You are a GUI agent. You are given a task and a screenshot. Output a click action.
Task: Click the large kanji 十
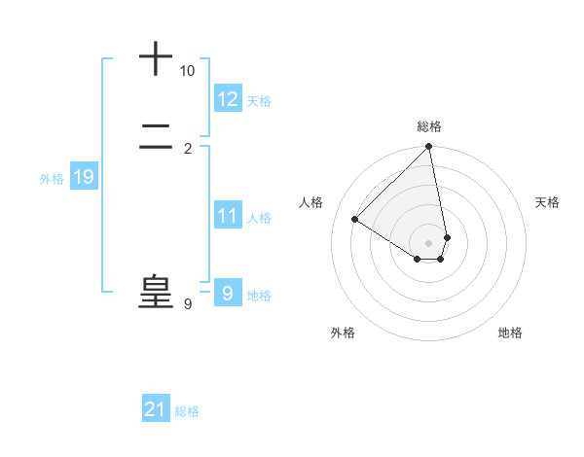coord(156,59)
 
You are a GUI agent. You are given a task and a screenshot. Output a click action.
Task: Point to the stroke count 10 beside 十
coord(187,71)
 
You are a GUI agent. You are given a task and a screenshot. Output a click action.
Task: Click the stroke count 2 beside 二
coord(188,148)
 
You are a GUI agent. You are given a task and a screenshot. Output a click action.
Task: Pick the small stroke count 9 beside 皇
coord(188,304)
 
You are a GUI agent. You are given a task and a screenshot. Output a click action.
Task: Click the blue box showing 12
coord(228,99)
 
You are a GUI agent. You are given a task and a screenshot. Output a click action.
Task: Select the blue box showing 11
coord(228,216)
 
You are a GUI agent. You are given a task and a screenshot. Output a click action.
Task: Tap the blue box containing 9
coord(228,294)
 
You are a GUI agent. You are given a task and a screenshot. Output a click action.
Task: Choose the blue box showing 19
coord(83,177)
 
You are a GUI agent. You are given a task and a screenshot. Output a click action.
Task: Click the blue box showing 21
coord(156,409)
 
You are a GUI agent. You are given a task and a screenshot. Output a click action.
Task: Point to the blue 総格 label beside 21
coord(187,411)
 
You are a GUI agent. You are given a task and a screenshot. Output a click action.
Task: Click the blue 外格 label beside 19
coord(52,179)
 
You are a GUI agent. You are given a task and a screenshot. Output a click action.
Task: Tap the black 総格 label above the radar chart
coord(429,126)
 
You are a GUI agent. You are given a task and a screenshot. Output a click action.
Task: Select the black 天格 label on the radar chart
coord(548,202)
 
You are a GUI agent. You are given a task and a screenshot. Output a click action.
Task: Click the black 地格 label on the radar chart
coord(510,333)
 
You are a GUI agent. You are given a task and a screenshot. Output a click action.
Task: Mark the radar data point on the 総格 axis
coord(429,148)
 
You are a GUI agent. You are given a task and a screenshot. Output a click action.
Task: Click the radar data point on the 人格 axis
coord(355,220)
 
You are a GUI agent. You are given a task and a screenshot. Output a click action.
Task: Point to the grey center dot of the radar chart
coord(429,242)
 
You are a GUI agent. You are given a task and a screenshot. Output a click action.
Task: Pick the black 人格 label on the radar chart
coord(311,202)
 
